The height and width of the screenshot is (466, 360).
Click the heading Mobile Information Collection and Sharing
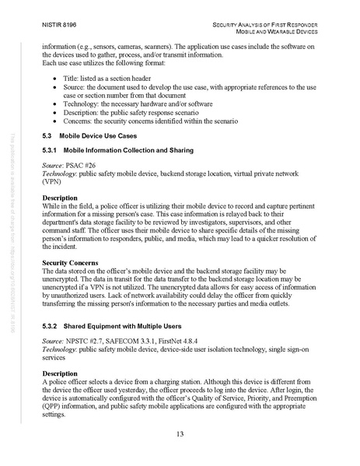coord(124,149)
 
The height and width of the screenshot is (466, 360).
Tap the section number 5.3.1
coord(51,149)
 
